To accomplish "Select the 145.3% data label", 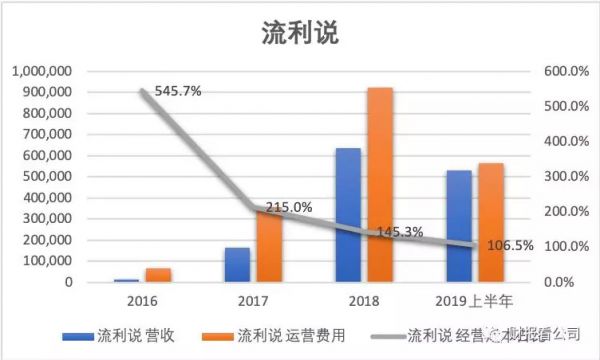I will tap(398, 232).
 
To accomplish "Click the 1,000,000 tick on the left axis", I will tap(42, 71).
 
